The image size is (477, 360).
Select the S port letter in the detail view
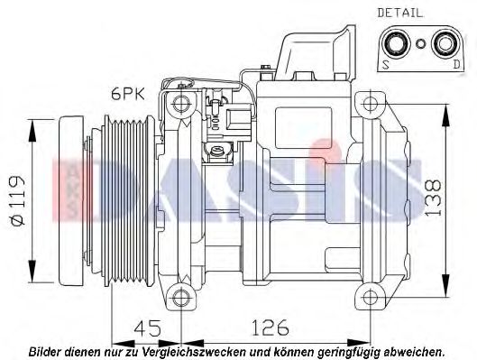coord(385,64)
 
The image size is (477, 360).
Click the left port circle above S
coord(394,42)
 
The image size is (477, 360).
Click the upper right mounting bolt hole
coord(369,101)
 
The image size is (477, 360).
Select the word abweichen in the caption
coord(415,350)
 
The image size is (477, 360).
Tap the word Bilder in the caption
coord(45,350)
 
